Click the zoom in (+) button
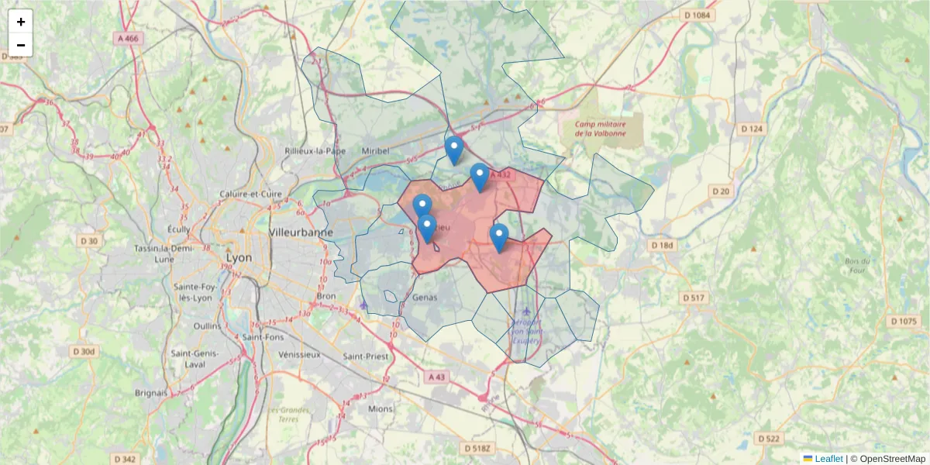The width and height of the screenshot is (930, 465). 21,22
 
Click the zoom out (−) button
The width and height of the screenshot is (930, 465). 21,45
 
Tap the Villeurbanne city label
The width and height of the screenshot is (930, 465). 301,232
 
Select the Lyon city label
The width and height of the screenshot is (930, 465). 238,257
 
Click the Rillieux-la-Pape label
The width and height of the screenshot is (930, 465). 315,150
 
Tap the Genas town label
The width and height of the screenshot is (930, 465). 425,297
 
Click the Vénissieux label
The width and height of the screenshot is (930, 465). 298,354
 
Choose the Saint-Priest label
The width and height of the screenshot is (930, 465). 364,356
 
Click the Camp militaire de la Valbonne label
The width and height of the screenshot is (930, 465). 601,128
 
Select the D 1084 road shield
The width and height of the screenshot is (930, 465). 697,15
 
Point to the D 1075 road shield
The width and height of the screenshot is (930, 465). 903,321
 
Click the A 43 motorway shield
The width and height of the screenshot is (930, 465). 437,377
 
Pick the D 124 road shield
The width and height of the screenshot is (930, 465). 752,129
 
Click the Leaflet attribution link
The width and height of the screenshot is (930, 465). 828,459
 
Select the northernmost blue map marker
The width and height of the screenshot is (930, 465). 454,149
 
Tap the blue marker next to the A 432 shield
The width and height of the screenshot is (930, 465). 480,176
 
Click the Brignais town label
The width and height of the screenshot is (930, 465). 150,393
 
